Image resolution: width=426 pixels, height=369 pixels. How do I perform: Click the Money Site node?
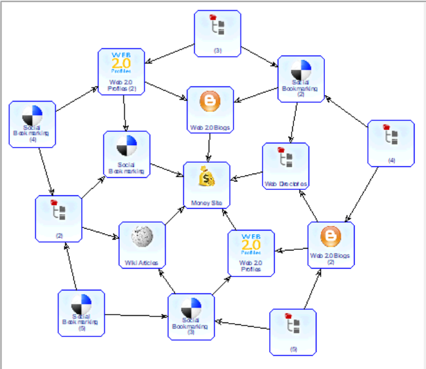(x=207, y=185)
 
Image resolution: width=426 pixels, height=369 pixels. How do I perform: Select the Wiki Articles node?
(x=142, y=245)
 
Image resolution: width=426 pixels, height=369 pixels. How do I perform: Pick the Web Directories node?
(x=286, y=166)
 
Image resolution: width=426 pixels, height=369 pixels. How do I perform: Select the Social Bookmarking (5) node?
(x=81, y=313)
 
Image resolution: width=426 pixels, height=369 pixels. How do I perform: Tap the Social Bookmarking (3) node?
(x=191, y=316)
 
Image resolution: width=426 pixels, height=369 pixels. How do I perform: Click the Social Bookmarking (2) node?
(x=301, y=79)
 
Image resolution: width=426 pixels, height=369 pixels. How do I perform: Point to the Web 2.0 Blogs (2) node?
(x=331, y=245)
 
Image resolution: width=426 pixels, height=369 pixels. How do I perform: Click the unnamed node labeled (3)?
(x=218, y=33)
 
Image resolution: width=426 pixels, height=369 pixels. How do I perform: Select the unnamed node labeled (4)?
(x=392, y=143)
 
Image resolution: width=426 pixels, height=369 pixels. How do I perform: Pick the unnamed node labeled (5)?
(x=293, y=331)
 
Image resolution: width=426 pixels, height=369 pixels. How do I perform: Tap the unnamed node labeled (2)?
(x=59, y=218)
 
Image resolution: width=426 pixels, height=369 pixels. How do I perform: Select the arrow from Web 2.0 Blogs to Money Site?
(x=209, y=147)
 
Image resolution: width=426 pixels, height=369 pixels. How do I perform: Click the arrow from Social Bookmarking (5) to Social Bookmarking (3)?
(x=136, y=315)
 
